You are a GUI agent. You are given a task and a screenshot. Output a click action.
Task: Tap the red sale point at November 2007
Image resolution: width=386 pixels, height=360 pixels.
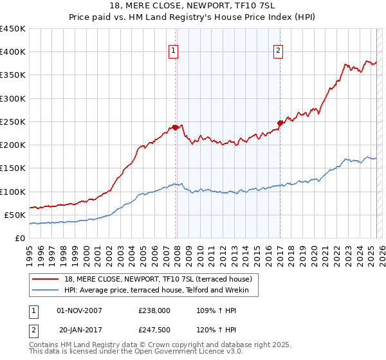click(x=175, y=127)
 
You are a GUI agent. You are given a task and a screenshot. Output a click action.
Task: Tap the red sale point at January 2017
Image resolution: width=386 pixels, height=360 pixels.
click(x=280, y=123)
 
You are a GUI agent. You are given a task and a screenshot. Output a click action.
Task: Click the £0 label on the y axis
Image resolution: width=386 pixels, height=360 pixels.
click(x=20, y=238)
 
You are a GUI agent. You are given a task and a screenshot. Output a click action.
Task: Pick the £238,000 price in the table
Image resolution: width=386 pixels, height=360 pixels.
click(x=154, y=310)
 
